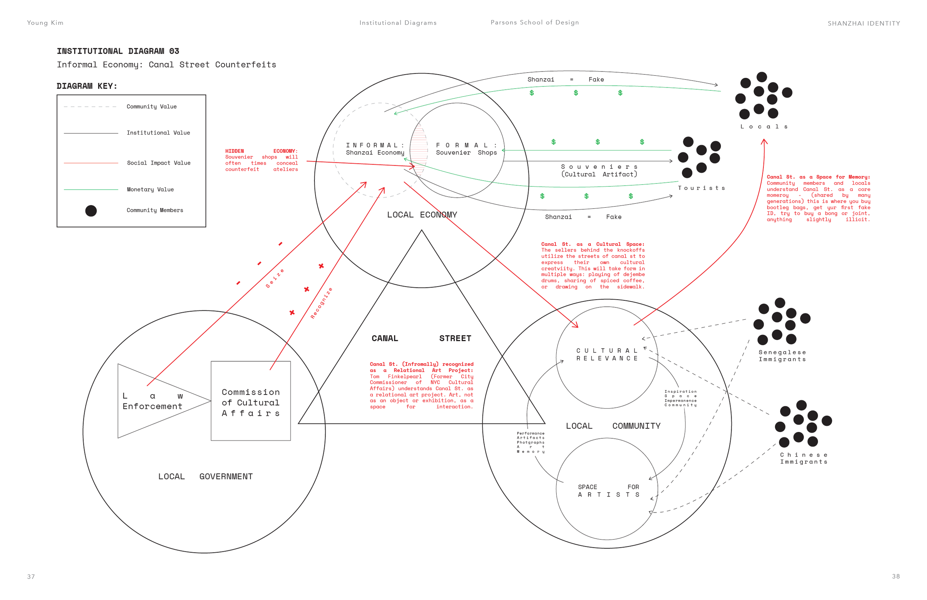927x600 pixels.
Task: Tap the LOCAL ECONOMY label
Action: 422,215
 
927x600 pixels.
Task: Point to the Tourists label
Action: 701,188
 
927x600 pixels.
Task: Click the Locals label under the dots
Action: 764,126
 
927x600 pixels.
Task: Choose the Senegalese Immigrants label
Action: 782,356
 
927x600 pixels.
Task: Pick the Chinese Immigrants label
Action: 804,458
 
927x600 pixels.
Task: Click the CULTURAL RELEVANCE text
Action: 607,355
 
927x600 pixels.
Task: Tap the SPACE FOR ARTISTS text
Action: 608,491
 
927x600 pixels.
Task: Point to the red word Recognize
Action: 321,303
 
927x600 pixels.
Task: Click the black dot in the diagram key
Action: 91,211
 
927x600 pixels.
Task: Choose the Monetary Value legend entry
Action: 150,189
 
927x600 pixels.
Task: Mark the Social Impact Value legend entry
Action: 159,163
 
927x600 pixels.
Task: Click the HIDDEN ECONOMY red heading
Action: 261,151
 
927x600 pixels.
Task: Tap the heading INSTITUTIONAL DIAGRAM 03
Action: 118,51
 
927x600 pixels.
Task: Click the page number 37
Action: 31,577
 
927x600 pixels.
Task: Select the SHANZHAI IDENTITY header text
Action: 864,23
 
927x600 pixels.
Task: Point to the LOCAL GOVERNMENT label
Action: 205,477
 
